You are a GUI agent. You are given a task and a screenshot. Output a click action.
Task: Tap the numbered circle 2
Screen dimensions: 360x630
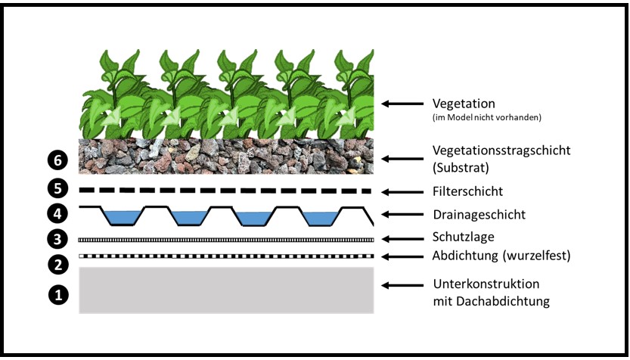click(57, 265)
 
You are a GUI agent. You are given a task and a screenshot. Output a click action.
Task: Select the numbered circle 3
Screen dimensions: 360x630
click(57, 240)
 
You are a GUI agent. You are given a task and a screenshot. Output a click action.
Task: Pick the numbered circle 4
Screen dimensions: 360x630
click(57, 213)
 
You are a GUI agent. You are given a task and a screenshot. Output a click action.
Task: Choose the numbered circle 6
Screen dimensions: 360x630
click(57, 160)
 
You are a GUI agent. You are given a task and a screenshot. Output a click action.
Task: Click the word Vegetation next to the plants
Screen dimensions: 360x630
click(463, 104)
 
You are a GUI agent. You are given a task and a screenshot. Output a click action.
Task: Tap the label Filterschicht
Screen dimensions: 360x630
click(468, 191)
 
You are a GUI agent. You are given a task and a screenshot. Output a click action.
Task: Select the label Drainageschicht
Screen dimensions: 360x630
click(479, 215)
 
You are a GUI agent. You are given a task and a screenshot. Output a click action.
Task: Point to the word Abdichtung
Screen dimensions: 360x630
click(464, 256)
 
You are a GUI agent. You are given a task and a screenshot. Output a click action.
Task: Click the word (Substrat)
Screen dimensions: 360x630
click(461, 167)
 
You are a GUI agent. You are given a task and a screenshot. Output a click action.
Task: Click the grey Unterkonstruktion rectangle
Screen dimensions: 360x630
click(227, 290)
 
